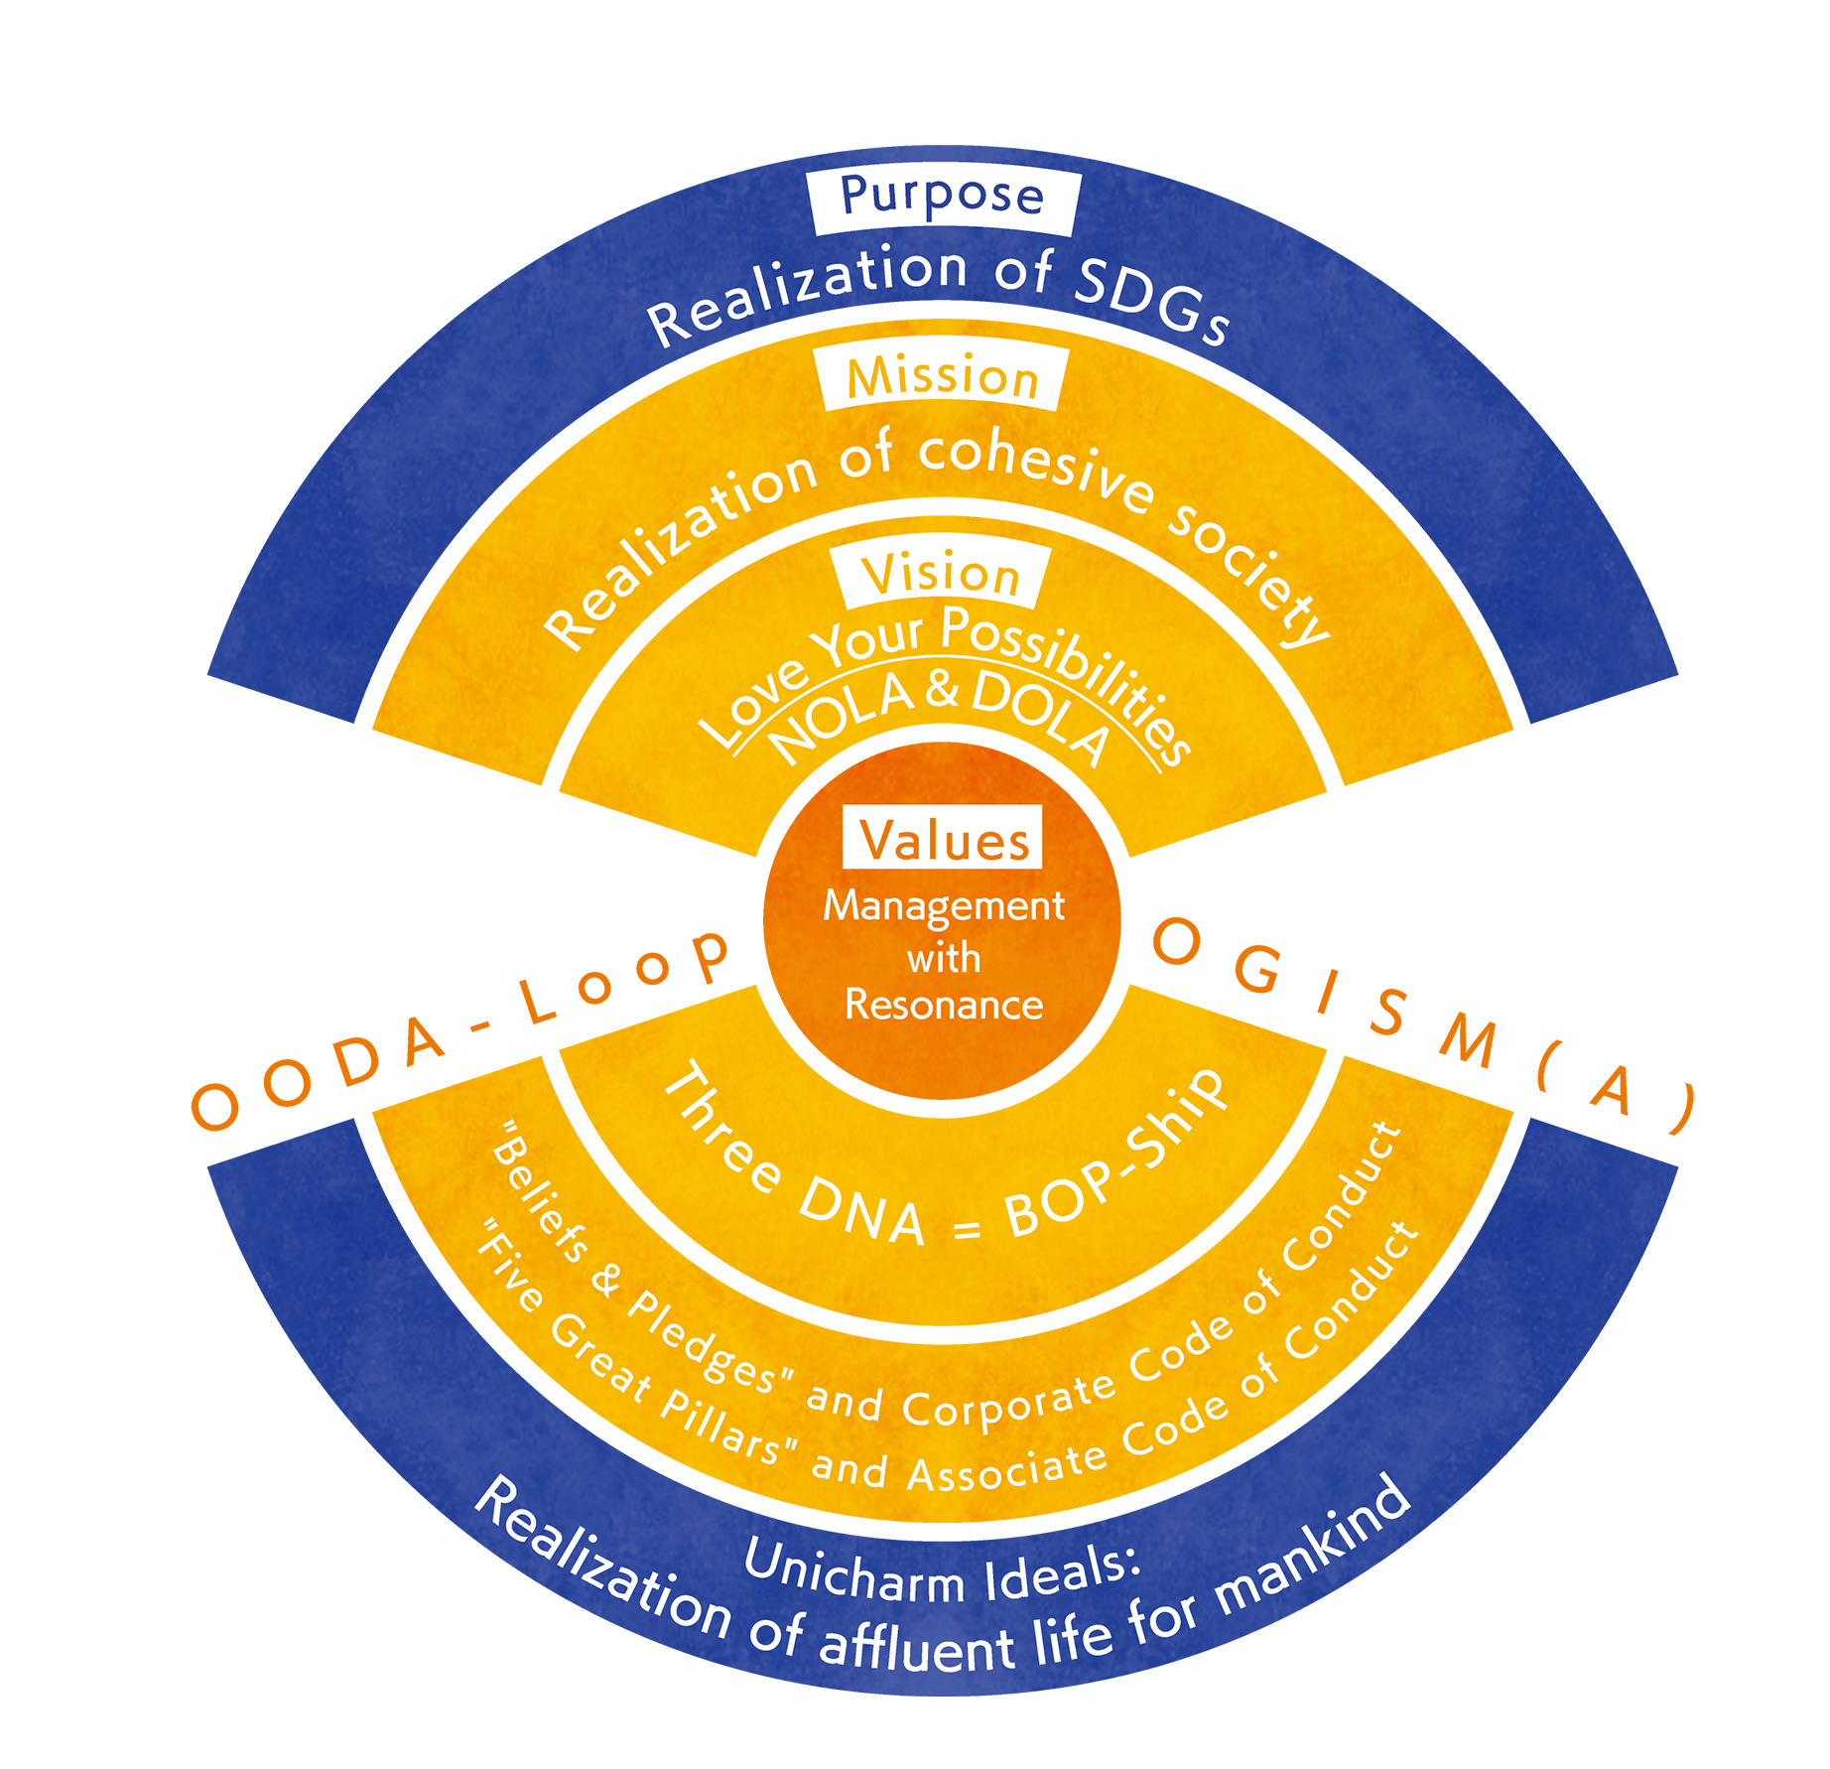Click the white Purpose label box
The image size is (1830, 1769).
tap(942, 199)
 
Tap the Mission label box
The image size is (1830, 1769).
tap(942, 378)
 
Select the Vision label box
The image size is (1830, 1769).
tap(941, 575)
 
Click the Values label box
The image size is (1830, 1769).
tap(943, 839)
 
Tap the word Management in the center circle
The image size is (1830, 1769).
tap(944, 905)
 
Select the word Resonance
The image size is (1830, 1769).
tap(944, 1006)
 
